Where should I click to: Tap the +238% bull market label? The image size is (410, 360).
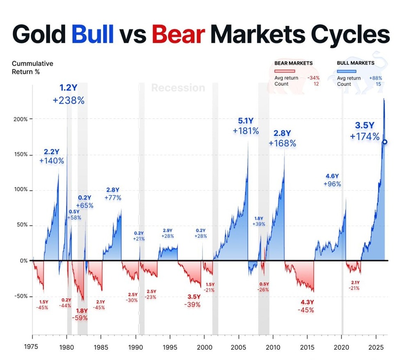tap(68, 100)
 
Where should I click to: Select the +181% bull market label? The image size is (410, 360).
tap(246, 131)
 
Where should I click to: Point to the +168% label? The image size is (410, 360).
tap(282, 143)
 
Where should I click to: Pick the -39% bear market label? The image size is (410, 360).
tap(192, 304)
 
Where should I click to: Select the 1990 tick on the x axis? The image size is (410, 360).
tap(135, 346)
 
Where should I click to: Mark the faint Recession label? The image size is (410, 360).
tap(178, 88)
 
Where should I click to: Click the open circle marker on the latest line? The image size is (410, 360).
tap(385, 142)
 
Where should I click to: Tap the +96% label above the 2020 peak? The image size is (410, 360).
tap(332, 184)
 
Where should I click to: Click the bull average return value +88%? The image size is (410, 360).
tap(376, 78)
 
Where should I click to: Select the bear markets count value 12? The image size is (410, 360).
tap(316, 84)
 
